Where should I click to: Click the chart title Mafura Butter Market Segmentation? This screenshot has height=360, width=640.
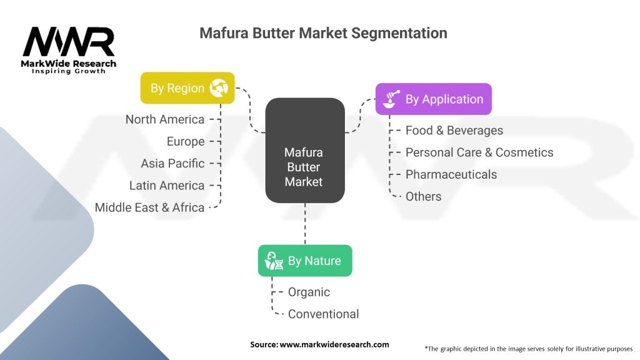coord(323,33)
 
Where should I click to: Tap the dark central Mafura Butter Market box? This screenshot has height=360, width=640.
coord(304,151)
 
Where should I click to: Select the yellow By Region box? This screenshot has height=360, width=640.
coord(187,88)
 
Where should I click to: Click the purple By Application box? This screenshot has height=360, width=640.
coord(433,99)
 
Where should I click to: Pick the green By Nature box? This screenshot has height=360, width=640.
coord(304,261)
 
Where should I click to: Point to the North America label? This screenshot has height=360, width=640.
coord(165,119)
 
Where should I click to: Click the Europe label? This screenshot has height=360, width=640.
coord(186,141)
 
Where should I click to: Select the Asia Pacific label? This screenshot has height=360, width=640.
coord(172,163)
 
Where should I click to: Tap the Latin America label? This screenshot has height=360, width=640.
coord(167,185)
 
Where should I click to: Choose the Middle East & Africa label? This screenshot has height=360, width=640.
coord(150,207)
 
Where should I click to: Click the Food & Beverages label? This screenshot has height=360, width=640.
coord(454,130)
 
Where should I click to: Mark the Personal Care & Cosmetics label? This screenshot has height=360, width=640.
coord(479,152)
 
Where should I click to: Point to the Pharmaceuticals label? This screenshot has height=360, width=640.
coord(451,174)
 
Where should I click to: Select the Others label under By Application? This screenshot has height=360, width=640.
coord(423,196)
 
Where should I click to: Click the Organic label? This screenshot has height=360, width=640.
coord(309,292)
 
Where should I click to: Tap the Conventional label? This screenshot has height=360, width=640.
coord(323,314)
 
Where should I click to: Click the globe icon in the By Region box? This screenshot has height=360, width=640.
coord(219,88)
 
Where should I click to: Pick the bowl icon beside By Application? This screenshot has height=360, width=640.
coord(391,99)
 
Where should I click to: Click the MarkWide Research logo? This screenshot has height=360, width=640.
coord(69,49)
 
